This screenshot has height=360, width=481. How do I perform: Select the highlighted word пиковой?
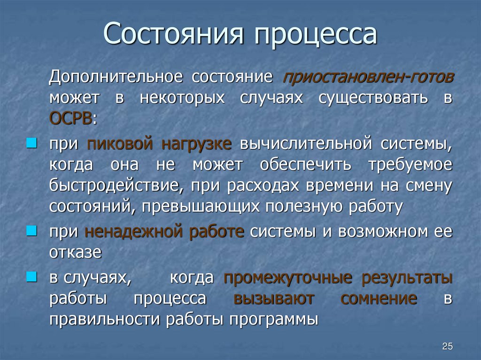click(119, 144)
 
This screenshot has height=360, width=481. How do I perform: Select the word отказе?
click(75, 253)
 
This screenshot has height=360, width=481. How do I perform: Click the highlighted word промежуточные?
click(287, 278)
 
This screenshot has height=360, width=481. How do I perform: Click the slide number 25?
click(447, 346)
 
